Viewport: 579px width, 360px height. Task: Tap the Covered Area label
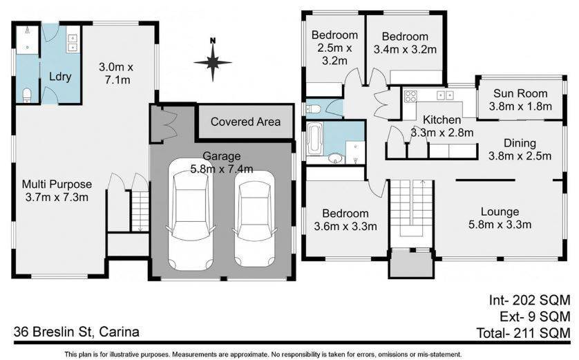tap(245, 122)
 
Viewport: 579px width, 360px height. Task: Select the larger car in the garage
tap(191, 214)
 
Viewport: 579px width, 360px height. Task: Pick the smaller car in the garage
tap(255, 219)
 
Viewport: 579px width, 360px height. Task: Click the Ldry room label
tap(60, 77)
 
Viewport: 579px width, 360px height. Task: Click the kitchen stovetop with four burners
tap(410, 96)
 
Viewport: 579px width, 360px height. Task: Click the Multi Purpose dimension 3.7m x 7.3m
tap(57, 197)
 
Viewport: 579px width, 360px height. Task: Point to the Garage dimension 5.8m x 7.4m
tap(222, 169)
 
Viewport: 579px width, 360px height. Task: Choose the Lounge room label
tap(500, 211)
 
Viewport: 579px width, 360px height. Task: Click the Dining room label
tap(520, 143)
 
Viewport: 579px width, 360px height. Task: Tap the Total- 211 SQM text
tap(523, 333)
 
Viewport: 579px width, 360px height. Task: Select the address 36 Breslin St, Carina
tap(77, 332)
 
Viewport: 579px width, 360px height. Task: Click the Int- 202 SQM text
tap(529, 300)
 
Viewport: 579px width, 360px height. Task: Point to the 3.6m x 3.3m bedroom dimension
tap(345, 226)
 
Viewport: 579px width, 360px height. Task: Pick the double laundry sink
tap(73, 43)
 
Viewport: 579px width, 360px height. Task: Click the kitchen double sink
tap(446, 95)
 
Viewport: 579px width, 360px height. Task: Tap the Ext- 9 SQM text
tap(535, 316)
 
